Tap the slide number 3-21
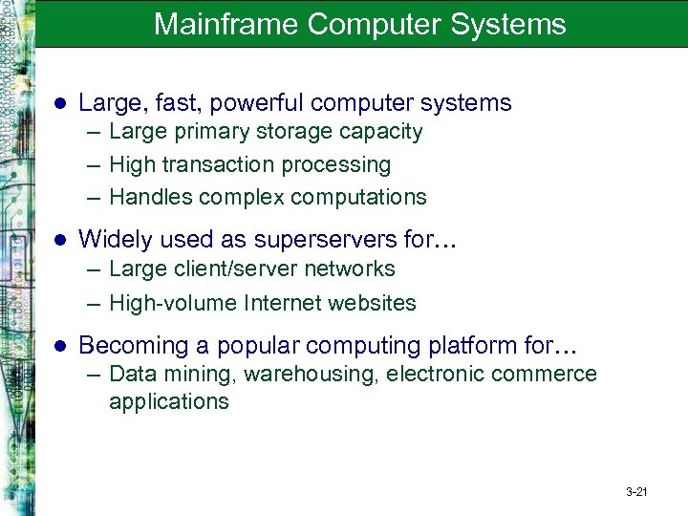coord(636,493)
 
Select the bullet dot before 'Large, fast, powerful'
coord(59,103)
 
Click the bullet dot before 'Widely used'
coord(59,238)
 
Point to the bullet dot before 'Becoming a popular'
coord(59,346)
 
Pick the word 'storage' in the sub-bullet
coord(276,132)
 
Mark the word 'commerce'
coord(551,375)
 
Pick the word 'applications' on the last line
coord(169,401)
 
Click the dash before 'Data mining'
coord(93,375)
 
